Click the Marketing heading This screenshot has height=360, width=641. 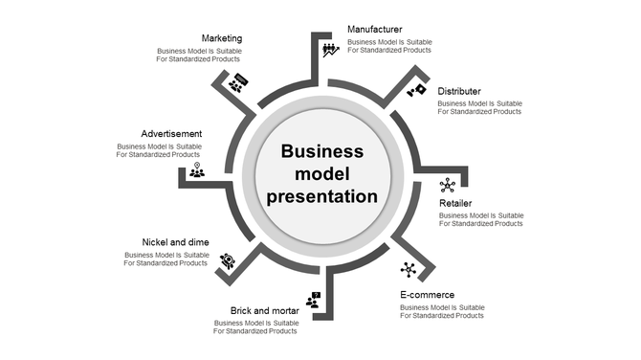click(221, 38)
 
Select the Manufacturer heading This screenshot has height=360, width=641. click(374, 30)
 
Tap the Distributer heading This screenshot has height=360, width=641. click(459, 91)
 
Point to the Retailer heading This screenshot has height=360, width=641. click(455, 204)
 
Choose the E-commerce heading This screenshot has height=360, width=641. click(427, 295)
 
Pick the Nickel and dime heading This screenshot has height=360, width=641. click(175, 242)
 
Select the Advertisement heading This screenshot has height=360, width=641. click(171, 133)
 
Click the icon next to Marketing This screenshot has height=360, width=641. click(237, 82)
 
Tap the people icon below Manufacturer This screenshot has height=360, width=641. click(330, 49)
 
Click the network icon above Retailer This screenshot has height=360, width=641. click(447, 185)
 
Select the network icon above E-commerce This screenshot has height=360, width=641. click(409, 269)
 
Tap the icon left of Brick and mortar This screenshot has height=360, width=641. click(313, 300)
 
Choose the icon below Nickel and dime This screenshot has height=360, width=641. click(227, 259)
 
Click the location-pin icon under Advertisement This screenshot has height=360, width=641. click(196, 170)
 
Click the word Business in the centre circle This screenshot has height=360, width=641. click(321, 151)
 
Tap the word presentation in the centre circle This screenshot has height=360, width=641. click(321, 197)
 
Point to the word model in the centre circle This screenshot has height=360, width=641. click(321, 174)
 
